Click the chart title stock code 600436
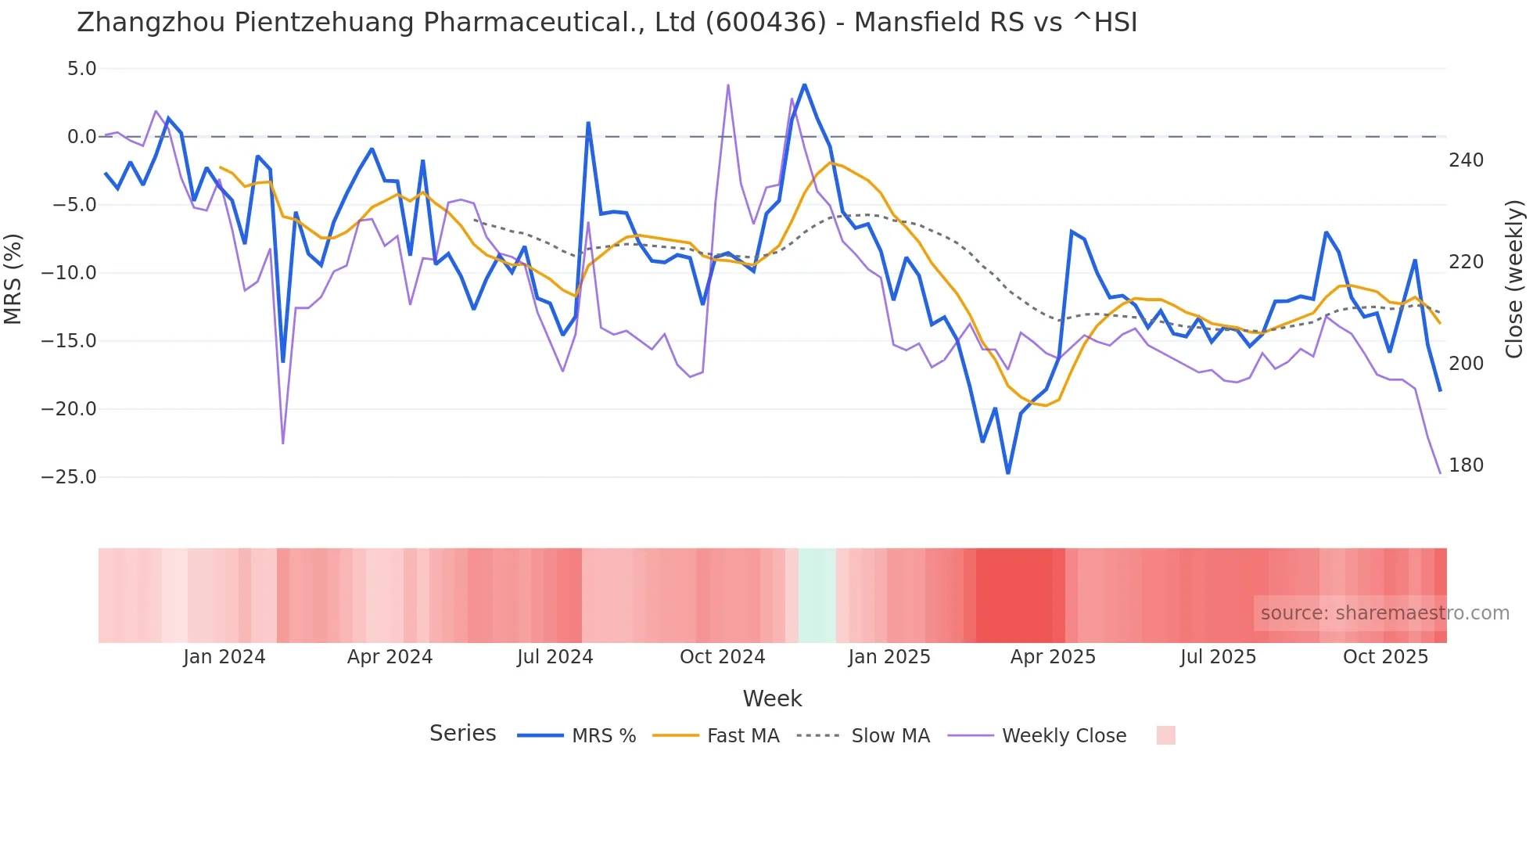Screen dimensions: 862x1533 [766, 23]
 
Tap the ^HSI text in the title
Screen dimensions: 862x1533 [1104, 23]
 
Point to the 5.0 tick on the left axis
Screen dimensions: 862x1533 [81, 69]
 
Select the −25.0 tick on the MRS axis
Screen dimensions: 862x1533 [69, 477]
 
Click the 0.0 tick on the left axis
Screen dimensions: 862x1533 [81, 137]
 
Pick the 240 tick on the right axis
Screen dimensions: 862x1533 [1466, 160]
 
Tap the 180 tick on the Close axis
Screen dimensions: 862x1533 [1466, 465]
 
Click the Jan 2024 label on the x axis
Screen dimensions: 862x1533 [224, 657]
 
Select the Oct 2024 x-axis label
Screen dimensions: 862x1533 [722, 657]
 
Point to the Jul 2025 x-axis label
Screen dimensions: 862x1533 [1218, 657]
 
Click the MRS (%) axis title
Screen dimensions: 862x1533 [13, 278]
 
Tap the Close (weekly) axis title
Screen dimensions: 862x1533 [1514, 278]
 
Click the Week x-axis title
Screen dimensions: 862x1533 [772, 699]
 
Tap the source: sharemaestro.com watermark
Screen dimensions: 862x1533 [1384, 613]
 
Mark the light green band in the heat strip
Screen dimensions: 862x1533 [817, 595]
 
